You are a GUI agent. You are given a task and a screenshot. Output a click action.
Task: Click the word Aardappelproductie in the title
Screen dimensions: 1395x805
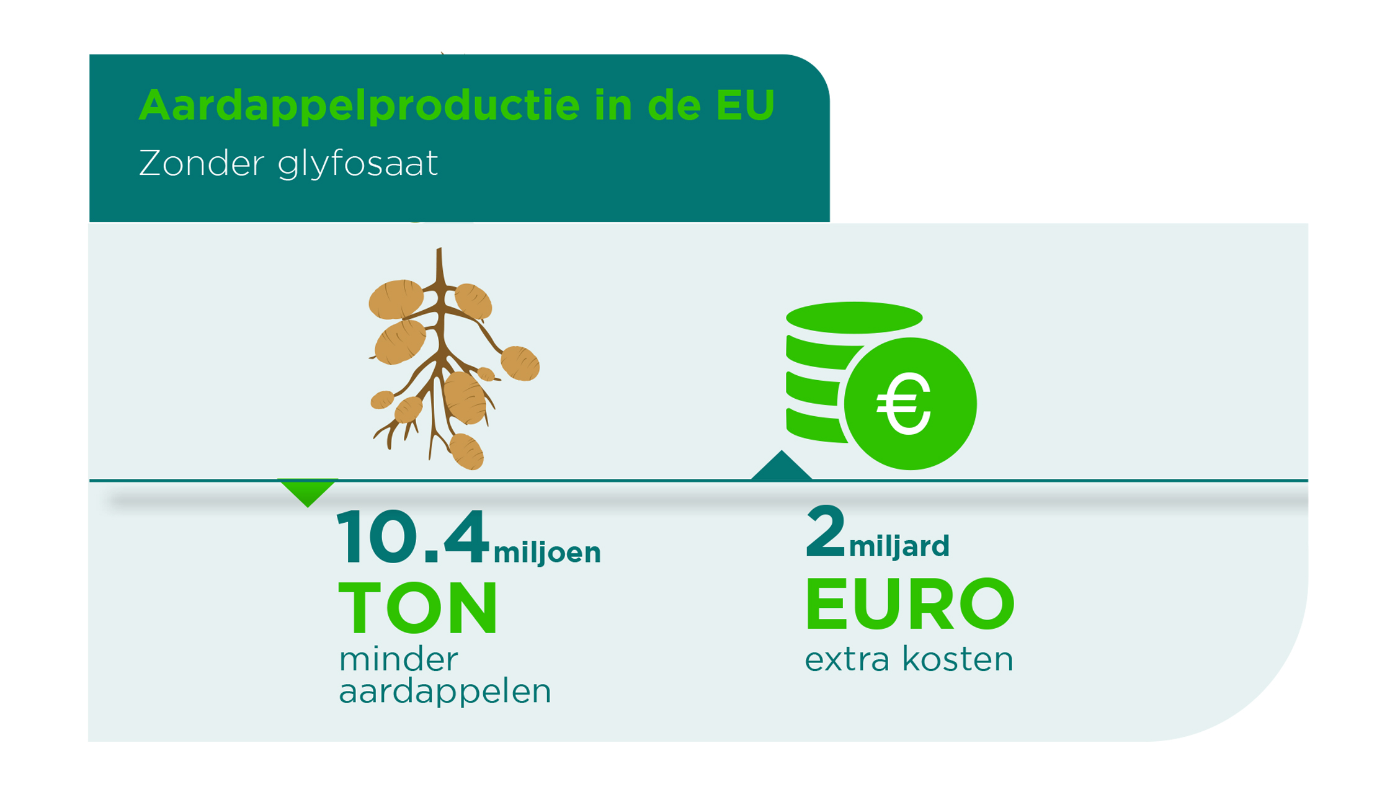tap(359, 105)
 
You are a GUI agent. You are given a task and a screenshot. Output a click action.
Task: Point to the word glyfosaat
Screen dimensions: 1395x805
tap(358, 164)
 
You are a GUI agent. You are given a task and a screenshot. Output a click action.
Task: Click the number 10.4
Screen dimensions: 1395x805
tap(413, 536)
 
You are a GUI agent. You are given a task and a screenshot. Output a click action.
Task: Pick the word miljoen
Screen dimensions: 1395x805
tap(547, 552)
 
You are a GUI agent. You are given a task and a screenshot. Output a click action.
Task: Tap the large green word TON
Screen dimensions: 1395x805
tap(418, 608)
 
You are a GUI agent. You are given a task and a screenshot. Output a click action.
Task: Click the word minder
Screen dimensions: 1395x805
tap(398, 659)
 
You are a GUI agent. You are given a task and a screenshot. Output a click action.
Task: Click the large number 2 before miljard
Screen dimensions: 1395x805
tap(826, 531)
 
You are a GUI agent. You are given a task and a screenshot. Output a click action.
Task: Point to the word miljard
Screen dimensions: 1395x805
tap(899, 546)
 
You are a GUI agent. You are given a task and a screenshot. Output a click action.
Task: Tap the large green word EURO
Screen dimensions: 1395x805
tap(910, 603)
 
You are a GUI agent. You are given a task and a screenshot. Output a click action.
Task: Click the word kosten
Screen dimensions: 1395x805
tap(958, 659)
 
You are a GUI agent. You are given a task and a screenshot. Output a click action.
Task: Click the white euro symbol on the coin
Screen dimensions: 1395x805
tap(904, 404)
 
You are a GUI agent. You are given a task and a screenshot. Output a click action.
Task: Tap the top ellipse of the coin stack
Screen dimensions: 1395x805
tap(854, 318)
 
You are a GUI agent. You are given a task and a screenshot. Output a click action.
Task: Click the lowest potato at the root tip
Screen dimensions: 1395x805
tap(466, 451)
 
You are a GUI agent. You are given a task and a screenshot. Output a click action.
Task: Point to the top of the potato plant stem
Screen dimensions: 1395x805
tap(439, 249)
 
